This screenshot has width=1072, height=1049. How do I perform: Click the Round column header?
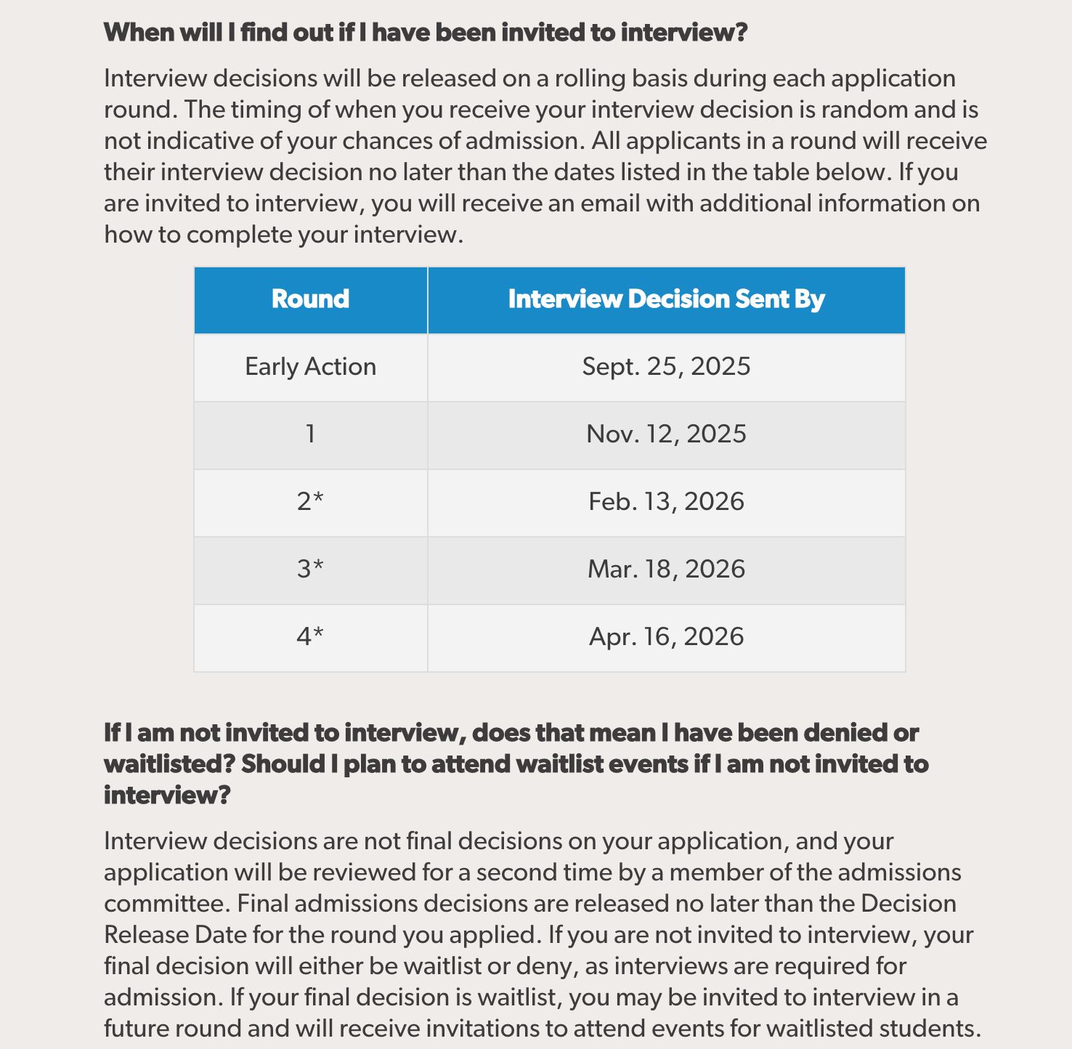tap(310, 299)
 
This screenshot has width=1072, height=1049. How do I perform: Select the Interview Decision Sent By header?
tap(666, 299)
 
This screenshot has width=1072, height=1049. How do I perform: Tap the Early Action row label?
tap(310, 367)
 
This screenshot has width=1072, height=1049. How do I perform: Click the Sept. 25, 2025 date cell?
tap(666, 367)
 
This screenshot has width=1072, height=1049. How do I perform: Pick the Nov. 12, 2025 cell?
tap(666, 434)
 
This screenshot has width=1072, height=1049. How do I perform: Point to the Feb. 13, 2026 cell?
tap(666, 502)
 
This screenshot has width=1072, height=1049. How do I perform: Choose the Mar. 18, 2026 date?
tap(666, 570)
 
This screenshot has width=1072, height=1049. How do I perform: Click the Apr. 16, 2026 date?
tap(666, 637)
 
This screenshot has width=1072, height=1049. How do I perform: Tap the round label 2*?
tap(310, 502)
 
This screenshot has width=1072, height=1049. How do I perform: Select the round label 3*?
tap(310, 570)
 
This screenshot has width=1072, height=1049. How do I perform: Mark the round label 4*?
tap(310, 637)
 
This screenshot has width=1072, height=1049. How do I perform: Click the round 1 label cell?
tap(310, 434)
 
